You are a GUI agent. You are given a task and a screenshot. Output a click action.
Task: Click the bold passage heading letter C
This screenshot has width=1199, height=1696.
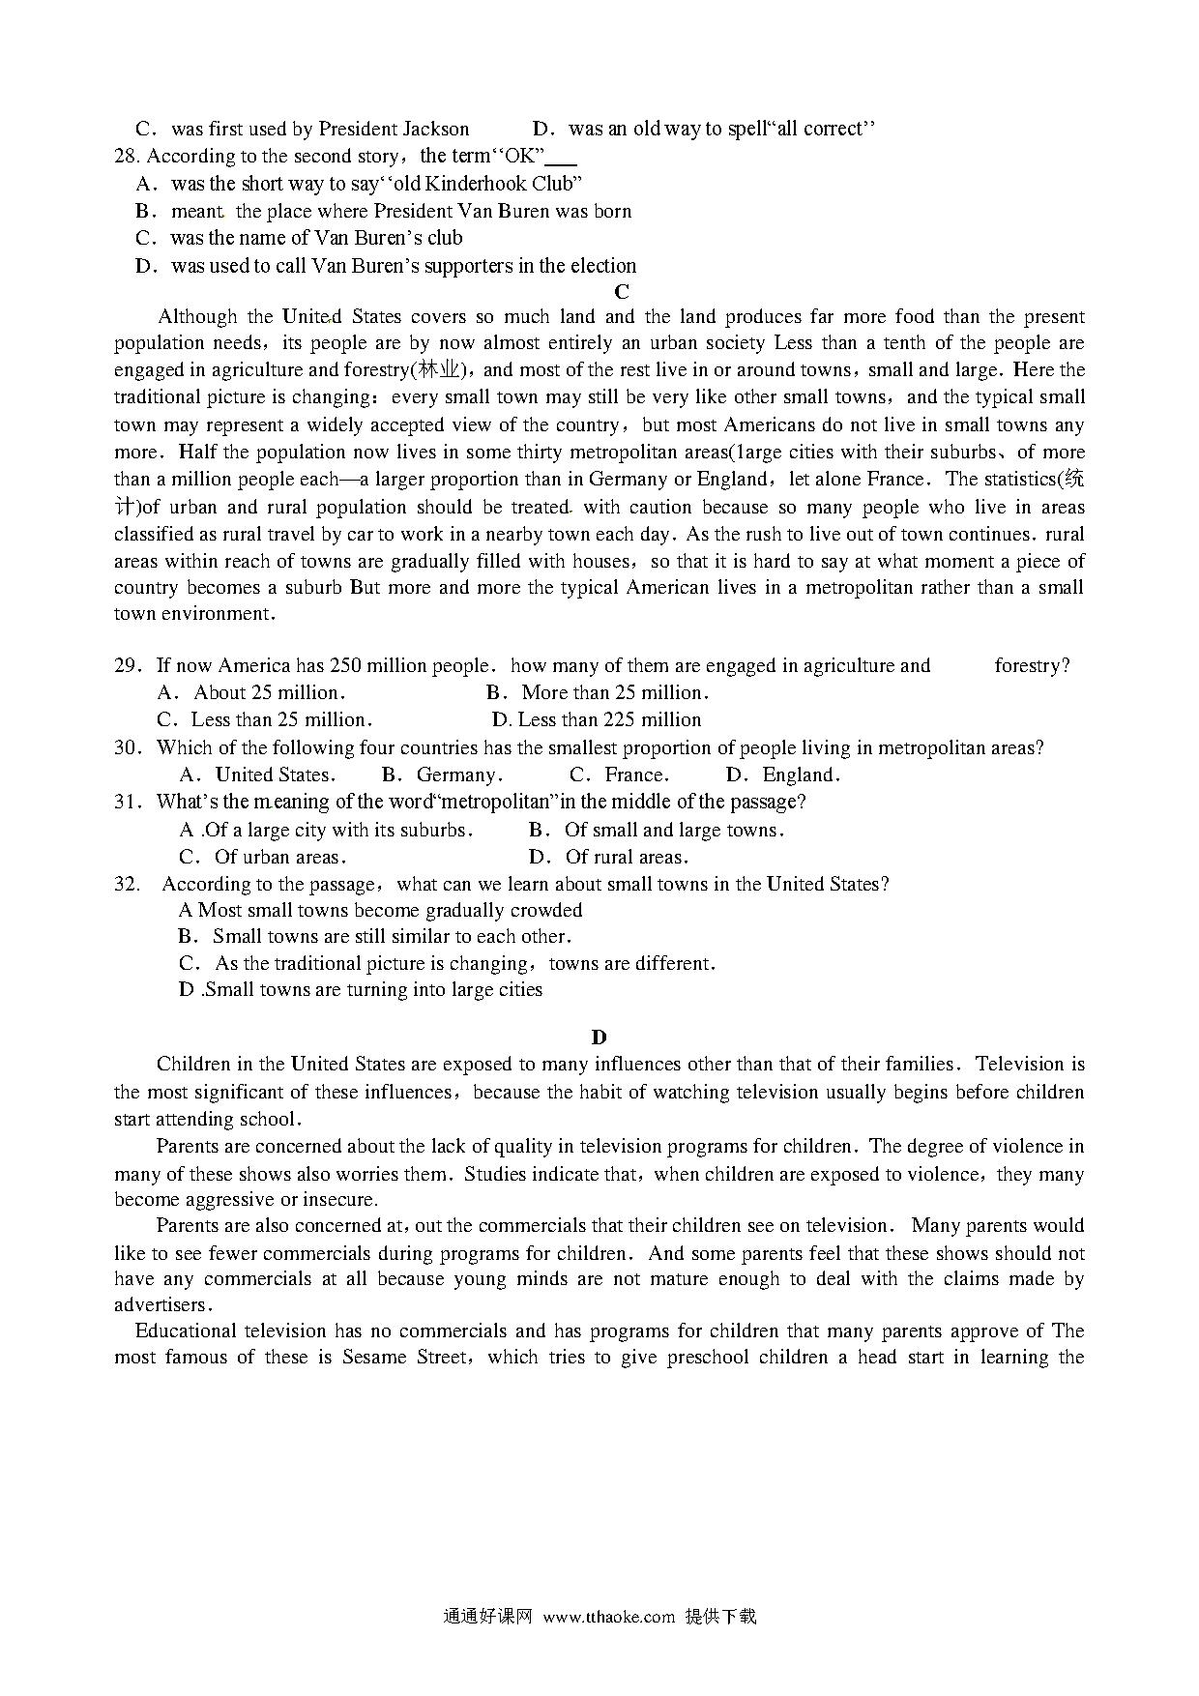tap(622, 291)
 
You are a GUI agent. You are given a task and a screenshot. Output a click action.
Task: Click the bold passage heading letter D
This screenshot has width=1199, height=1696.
tap(599, 1038)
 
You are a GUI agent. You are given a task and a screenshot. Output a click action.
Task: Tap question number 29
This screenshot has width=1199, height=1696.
tap(128, 665)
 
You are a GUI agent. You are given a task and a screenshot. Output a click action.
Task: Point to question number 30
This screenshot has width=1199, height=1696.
tap(128, 747)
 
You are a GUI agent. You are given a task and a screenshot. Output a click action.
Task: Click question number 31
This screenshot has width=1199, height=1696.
tap(128, 802)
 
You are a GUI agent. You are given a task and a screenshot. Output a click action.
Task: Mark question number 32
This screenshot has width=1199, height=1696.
tap(128, 884)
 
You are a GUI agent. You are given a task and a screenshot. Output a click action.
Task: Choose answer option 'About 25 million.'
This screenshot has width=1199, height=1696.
tap(269, 692)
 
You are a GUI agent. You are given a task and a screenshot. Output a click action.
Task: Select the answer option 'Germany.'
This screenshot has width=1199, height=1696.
tap(459, 775)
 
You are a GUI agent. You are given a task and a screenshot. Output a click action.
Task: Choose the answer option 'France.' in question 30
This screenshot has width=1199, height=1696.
tap(636, 775)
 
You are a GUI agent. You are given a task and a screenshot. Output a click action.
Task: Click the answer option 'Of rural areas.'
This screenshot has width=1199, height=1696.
tap(627, 857)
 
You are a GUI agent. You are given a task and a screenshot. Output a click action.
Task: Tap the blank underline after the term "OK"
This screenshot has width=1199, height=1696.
tap(562, 161)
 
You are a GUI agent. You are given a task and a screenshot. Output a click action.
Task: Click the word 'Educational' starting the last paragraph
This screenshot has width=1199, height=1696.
tap(183, 1330)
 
